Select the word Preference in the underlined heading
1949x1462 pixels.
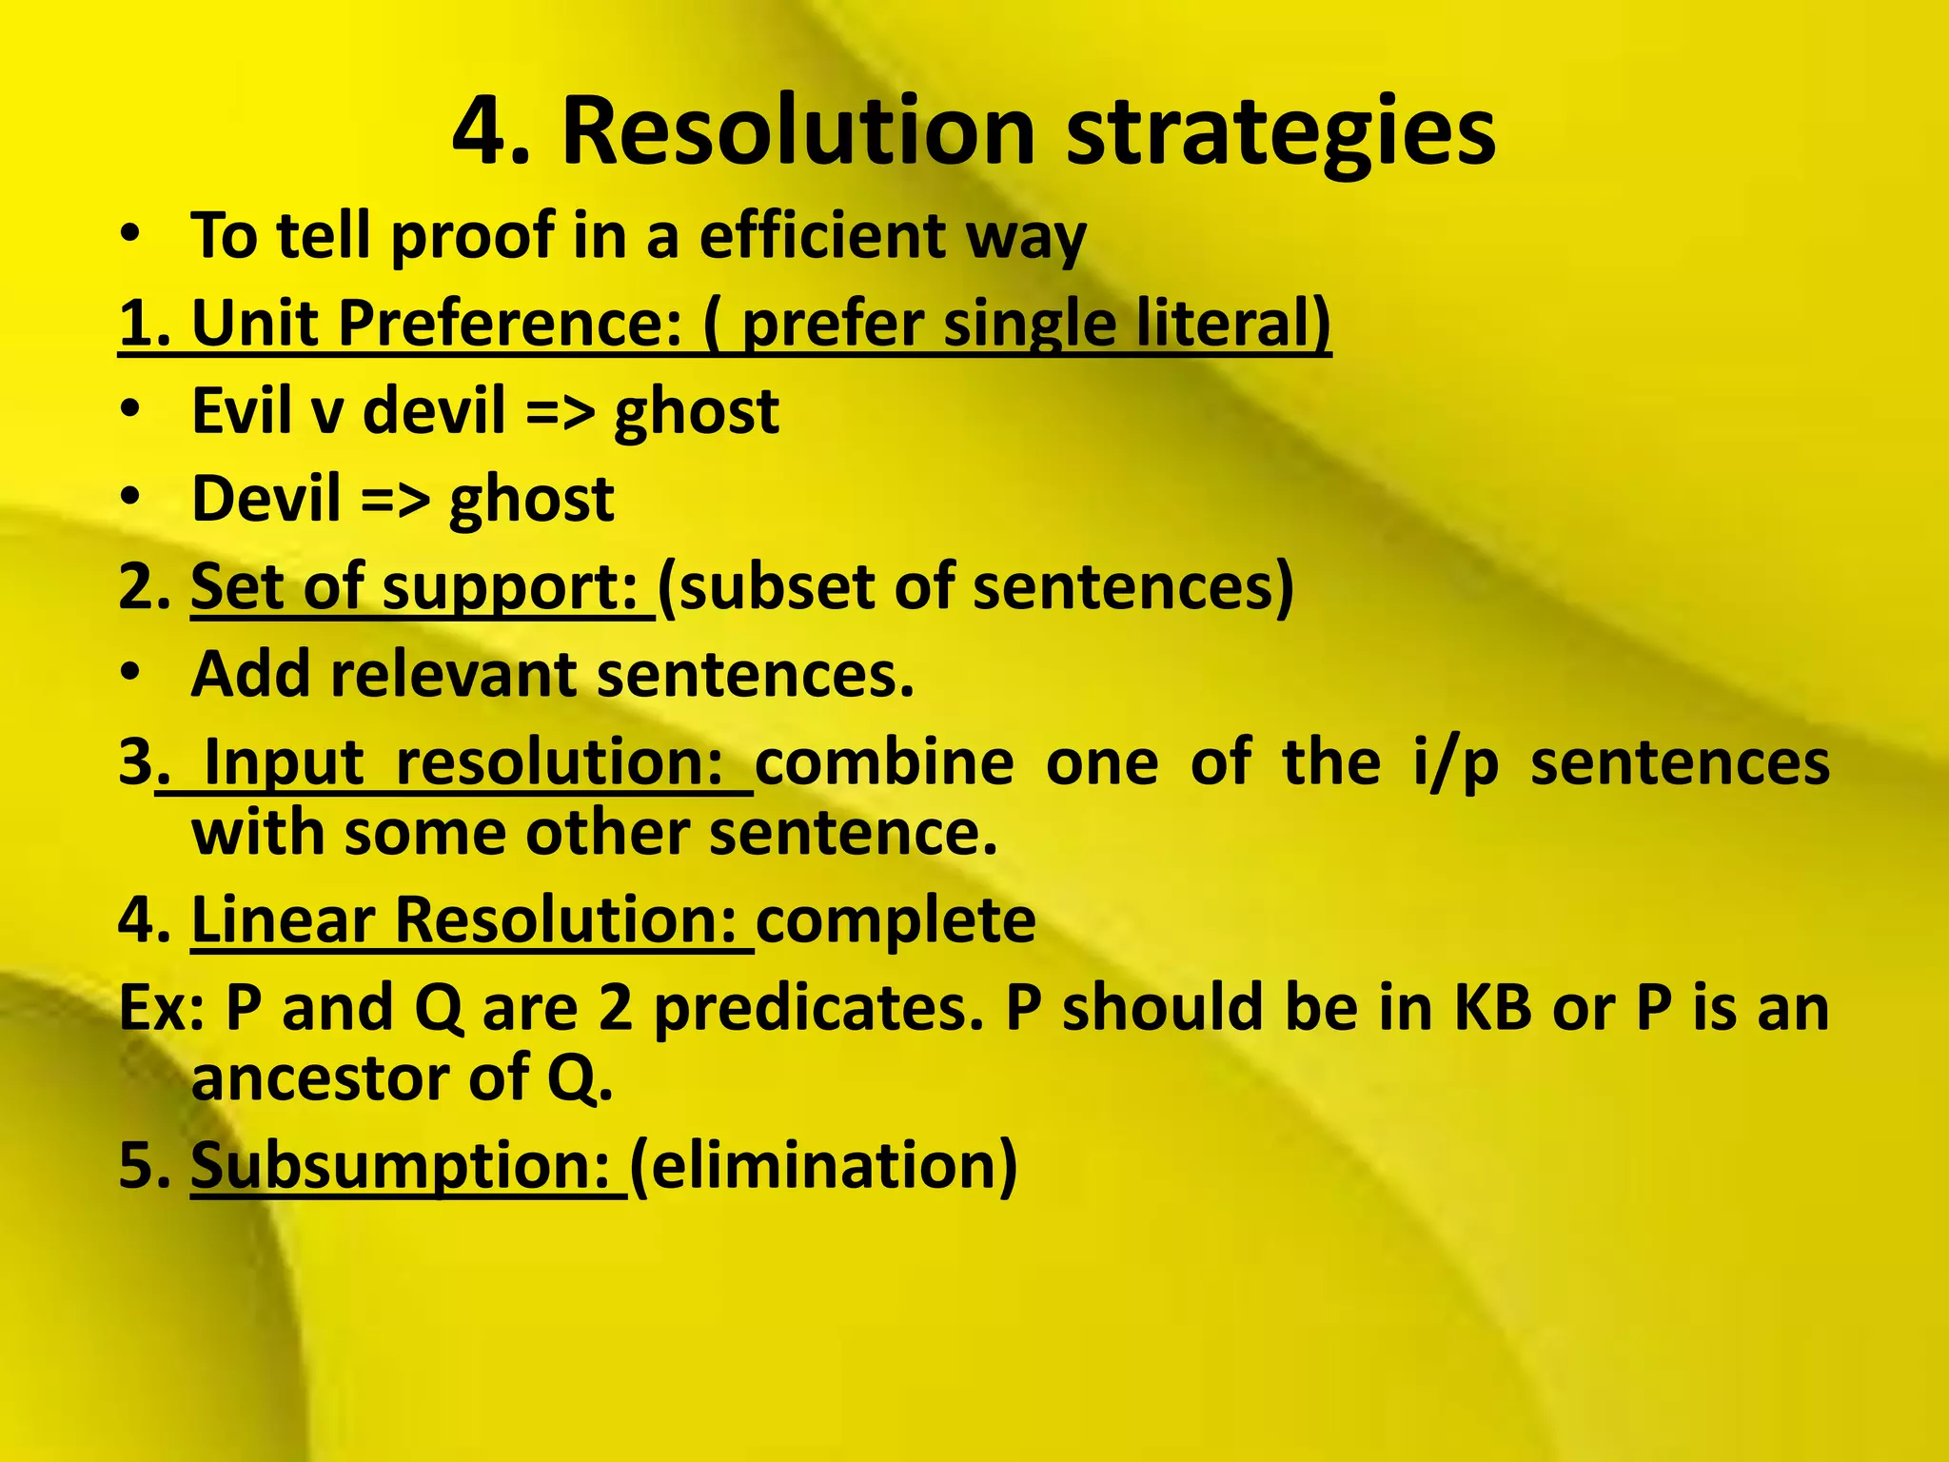(510, 324)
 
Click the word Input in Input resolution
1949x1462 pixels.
(284, 763)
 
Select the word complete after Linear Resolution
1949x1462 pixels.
(896, 921)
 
